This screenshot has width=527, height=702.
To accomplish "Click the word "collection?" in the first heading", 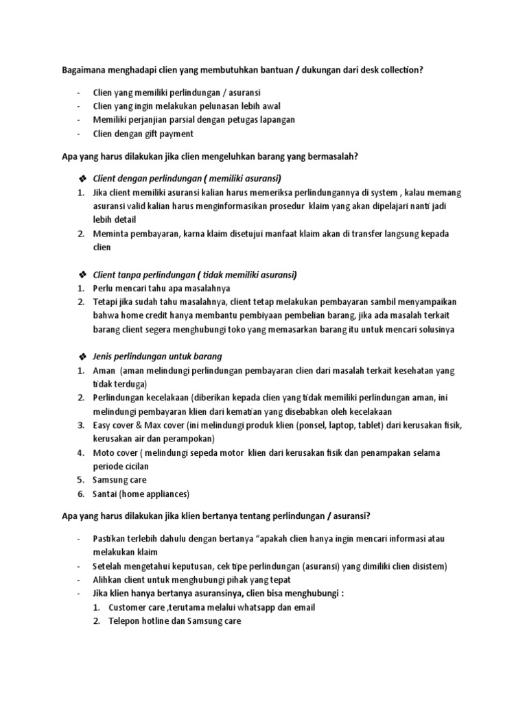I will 397,69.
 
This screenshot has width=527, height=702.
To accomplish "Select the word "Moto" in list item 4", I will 104,453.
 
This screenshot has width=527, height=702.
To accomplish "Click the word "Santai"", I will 106,494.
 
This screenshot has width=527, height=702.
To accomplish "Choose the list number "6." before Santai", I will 80,494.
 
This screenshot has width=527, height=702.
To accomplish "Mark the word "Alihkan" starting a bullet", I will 109,579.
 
